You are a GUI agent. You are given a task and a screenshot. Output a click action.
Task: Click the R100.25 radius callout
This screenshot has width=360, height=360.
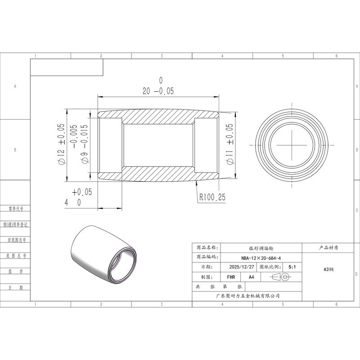(212, 197)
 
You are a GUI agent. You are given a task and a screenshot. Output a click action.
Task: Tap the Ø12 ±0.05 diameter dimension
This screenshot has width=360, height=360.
(61, 144)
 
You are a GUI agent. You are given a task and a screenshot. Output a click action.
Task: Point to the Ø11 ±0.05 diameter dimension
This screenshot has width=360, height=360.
(229, 144)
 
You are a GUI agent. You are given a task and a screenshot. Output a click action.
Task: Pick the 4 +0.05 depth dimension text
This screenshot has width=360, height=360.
(78, 198)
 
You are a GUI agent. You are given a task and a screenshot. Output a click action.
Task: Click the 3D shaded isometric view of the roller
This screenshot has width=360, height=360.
(104, 254)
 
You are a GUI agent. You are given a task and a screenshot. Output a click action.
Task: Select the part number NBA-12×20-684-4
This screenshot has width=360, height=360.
(261, 258)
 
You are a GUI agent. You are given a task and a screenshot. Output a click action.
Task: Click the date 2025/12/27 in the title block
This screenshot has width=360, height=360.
(242, 267)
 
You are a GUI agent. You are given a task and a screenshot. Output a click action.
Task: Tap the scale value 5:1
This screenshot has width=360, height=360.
(292, 267)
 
